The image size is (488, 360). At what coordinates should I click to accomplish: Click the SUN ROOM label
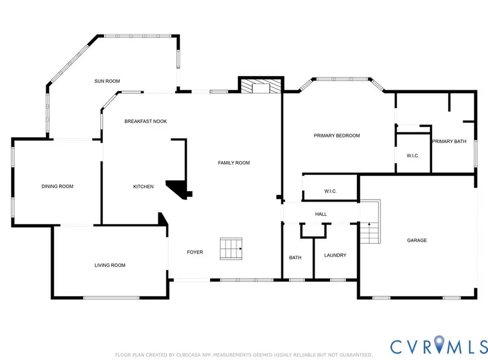tap(107, 81)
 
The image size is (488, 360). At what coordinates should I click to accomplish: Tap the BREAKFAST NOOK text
tap(146, 121)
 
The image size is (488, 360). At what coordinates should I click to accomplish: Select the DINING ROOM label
tap(57, 187)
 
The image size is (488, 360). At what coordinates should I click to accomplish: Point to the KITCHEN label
tap(143, 187)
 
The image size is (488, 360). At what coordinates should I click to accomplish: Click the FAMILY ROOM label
tap(234, 163)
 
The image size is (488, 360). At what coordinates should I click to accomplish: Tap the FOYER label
tap(195, 252)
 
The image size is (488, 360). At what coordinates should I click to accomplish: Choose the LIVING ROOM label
tap(110, 265)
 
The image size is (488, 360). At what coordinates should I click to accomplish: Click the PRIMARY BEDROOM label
tap(337, 136)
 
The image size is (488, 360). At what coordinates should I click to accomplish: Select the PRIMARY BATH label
tap(449, 142)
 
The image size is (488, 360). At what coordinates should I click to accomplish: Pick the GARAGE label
tap(417, 240)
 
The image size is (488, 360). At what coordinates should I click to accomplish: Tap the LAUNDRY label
tap(335, 255)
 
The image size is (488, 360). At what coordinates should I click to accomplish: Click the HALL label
tap(321, 214)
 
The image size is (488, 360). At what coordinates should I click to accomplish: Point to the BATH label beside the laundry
tap(295, 258)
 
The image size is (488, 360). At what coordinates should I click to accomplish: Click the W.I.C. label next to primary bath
tap(413, 156)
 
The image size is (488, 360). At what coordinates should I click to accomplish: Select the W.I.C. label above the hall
tap(330, 191)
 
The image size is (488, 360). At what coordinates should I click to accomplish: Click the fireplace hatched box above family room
tap(261, 86)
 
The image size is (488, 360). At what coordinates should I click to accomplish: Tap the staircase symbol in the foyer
tap(231, 249)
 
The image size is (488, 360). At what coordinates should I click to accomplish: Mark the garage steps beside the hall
tap(370, 222)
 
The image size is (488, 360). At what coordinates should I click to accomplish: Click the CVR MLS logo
tap(439, 345)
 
